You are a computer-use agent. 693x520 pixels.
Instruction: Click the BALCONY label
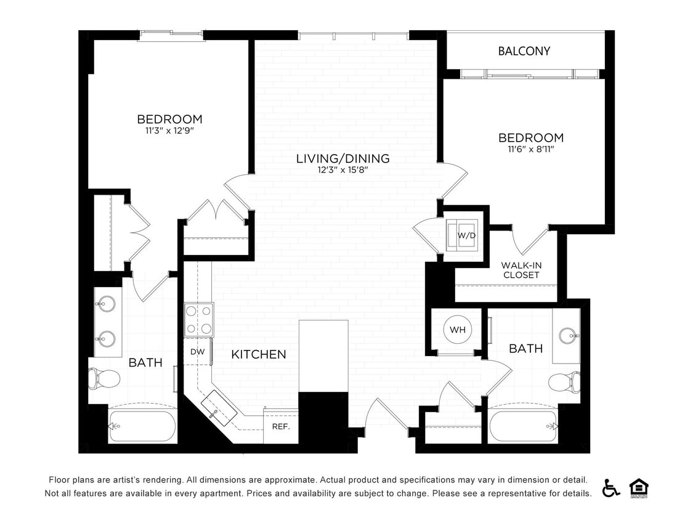(524, 51)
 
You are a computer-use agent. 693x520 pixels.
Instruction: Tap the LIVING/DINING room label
(342, 158)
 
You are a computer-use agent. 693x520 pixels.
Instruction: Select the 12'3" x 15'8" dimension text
(342, 170)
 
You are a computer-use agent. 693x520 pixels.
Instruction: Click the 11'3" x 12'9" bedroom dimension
(169, 131)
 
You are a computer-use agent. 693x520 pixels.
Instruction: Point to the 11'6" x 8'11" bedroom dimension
(530, 149)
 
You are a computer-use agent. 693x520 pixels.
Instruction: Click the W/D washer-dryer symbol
(461, 235)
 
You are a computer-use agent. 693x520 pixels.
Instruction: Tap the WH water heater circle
(457, 330)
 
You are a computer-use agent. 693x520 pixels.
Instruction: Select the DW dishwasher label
(197, 352)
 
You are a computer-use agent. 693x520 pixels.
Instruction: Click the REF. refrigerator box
(281, 426)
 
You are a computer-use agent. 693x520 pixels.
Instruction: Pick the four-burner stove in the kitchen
(199, 319)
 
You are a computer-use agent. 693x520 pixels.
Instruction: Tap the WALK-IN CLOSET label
(521, 270)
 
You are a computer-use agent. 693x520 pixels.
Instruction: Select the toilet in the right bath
(565, 382)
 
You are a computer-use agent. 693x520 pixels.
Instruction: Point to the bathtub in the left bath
(142, 426)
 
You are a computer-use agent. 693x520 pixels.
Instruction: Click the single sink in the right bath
(569, 336)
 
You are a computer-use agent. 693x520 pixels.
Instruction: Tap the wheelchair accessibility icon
(611, 487)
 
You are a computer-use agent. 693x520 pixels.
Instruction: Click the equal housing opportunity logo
(638, 487)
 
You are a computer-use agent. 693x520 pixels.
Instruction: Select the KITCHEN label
(259, 354)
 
